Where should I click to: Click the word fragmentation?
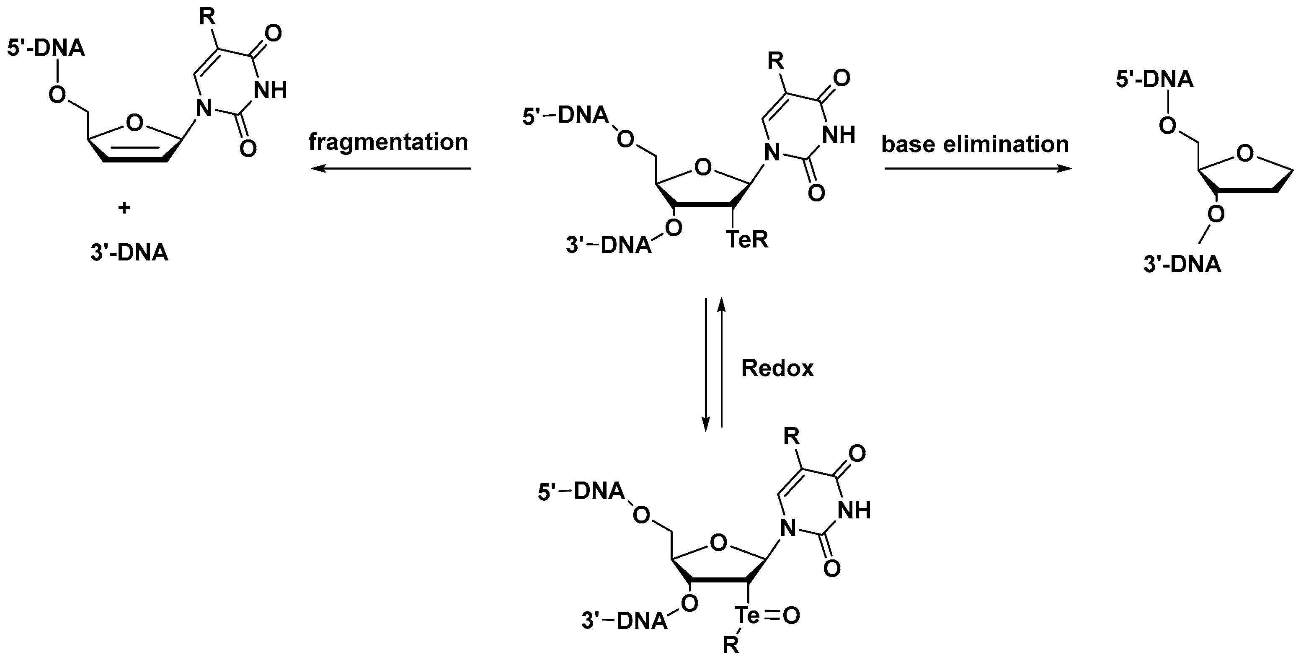(388, 143)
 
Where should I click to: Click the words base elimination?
(975, 145)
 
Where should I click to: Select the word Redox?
(777, 368)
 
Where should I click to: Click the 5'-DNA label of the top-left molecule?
(46, 49)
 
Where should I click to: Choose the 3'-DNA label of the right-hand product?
(1182, 265)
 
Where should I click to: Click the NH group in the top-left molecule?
(270, 90)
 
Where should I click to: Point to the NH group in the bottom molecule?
(854, 511)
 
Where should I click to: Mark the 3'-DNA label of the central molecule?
(608, 246)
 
